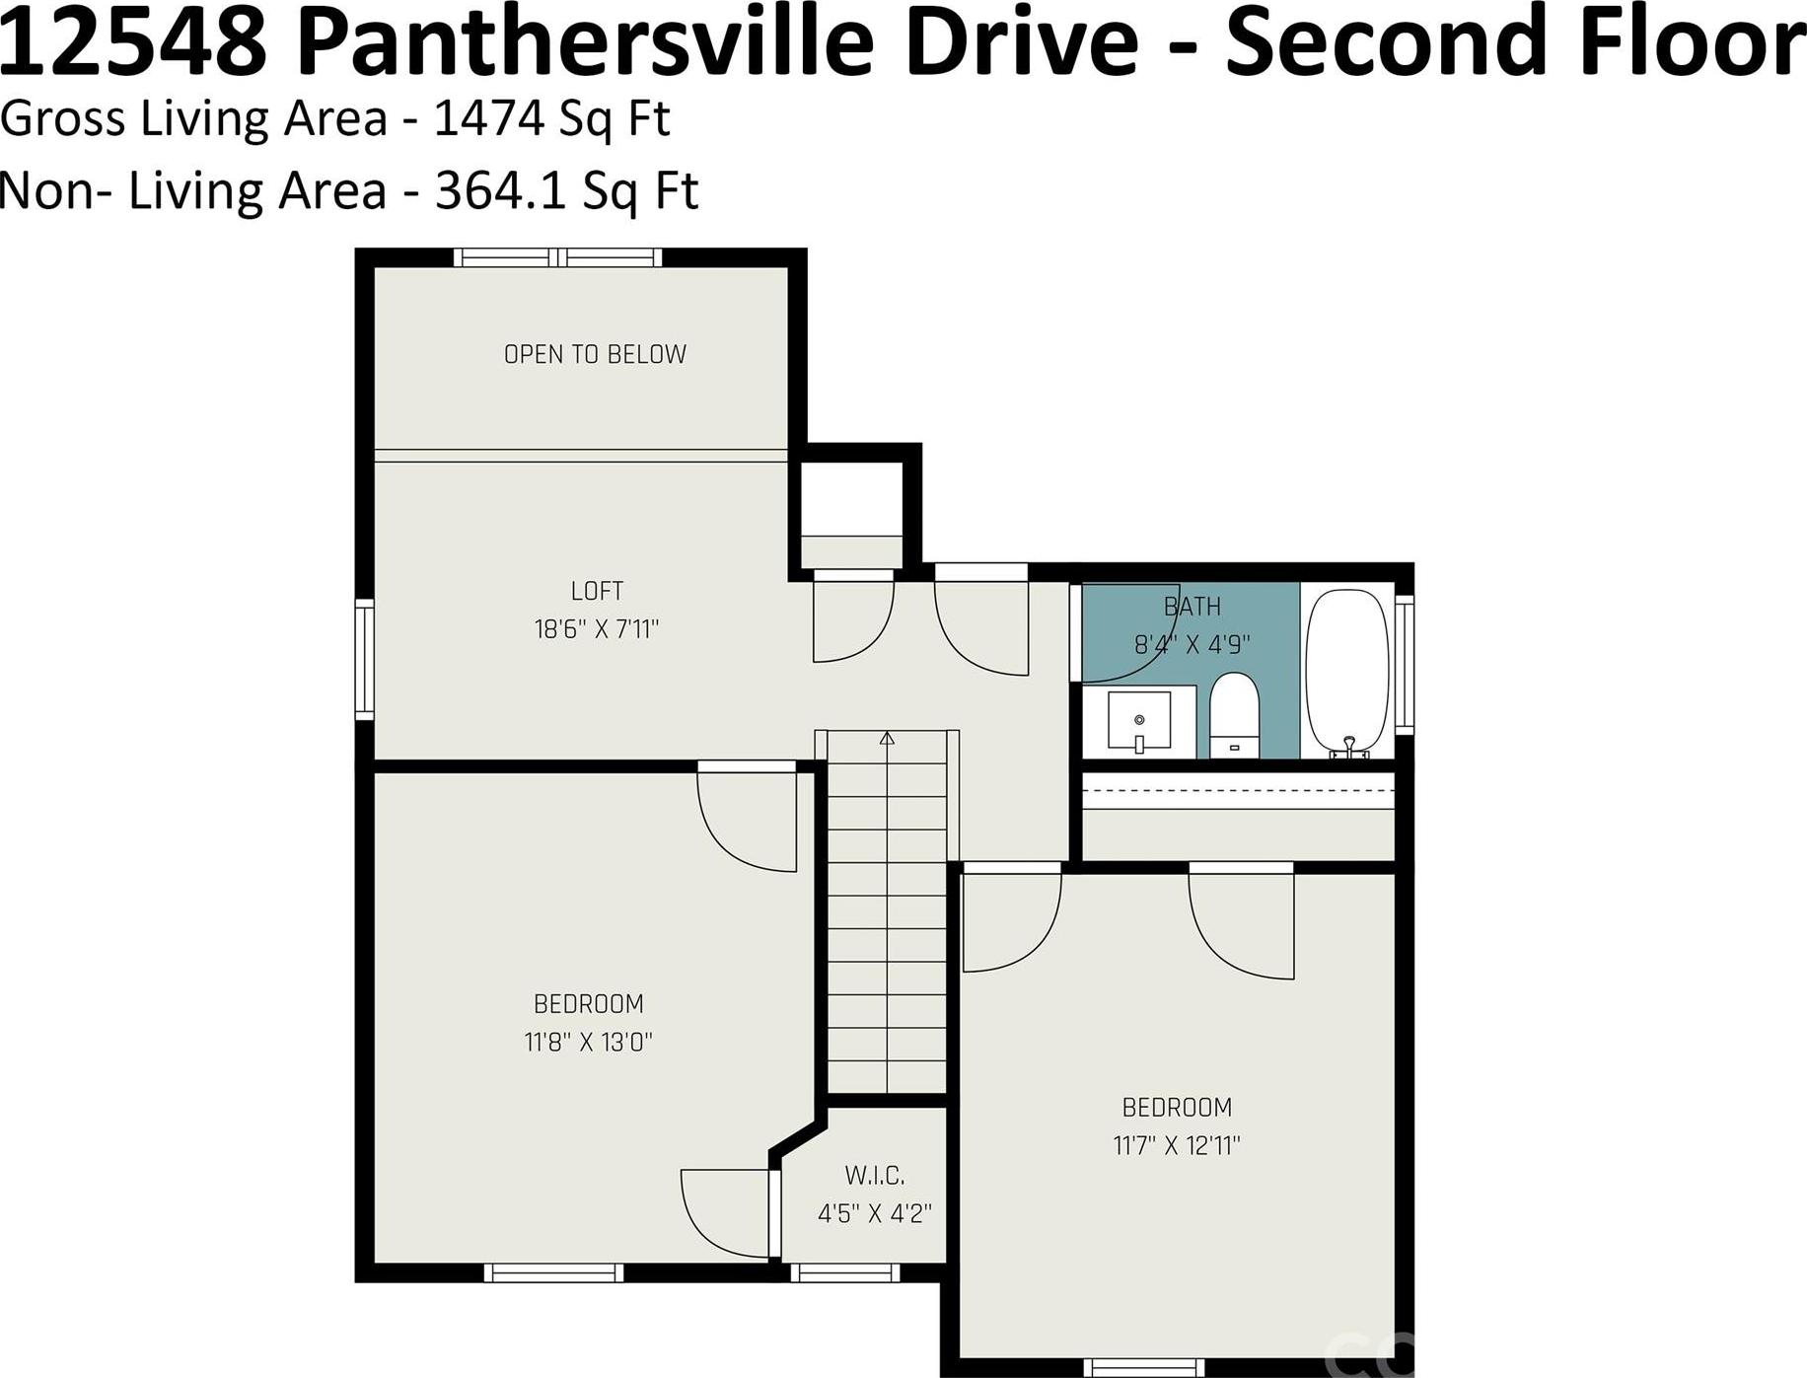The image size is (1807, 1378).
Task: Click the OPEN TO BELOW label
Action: (595, 354)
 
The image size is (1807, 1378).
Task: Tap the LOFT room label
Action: (597, 591)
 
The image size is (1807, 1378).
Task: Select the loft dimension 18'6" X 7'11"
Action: (597, 628)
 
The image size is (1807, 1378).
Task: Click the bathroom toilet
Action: (1233, 715)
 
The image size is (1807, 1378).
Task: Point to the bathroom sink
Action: (1139, 721)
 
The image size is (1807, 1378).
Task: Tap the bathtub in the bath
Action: (1348, 674)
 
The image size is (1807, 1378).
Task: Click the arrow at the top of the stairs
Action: (887, 738)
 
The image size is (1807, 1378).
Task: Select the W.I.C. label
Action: (875, 1176)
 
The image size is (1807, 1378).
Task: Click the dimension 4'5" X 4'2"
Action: (875, 1213)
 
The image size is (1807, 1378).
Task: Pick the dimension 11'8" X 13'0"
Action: (589, 1042)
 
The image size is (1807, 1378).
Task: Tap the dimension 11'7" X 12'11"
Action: (1177, 1145)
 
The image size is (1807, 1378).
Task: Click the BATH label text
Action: (1193, 607)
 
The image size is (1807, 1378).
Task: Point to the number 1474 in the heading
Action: (489, 118)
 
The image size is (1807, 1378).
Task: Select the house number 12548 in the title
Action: (134, 44)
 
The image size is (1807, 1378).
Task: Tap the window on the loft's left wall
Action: (365, 659)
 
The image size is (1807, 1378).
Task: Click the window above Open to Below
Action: (558, 257)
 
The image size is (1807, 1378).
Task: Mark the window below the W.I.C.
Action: (845, 1272)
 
